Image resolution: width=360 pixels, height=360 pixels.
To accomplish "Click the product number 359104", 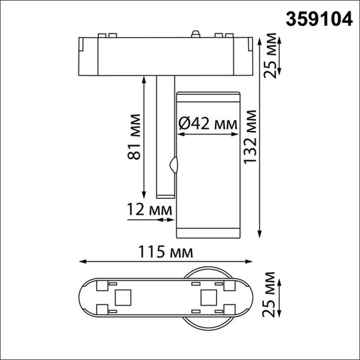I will [320, 20].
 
